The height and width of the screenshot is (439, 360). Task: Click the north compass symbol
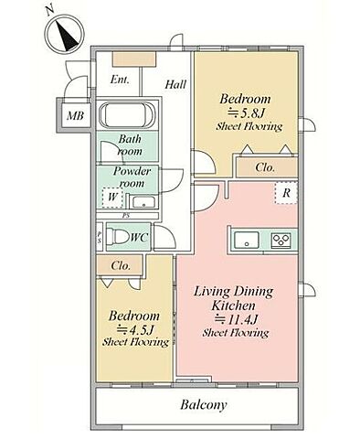tap(65, 33)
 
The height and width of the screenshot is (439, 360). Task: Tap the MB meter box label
tap(75, 116)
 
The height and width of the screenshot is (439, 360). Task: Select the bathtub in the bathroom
tap(127, 115)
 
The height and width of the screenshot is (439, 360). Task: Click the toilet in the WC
tap(117, 237)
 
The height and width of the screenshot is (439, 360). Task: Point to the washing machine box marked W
tap(112, 198)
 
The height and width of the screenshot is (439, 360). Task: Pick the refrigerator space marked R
tap(286, 193)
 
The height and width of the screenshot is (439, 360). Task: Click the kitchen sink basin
tap(246, 241)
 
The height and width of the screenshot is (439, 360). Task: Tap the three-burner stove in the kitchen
tap(281, 241)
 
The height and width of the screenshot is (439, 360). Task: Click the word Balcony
tap(204, 405)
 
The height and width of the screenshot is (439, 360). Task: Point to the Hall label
tap(175, 84)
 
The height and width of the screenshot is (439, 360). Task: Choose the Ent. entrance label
tap(120, 80)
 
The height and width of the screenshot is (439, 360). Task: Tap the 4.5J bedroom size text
tap(136, 329)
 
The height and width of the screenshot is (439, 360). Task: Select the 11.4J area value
tap(237, 319)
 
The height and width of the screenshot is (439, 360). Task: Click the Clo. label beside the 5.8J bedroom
tap(265, 167)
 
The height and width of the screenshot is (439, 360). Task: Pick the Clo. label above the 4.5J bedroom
tap(121, 265)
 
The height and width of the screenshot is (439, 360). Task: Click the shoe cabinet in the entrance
tap(134, 59)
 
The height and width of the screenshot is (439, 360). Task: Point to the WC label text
tap(140, 237)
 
